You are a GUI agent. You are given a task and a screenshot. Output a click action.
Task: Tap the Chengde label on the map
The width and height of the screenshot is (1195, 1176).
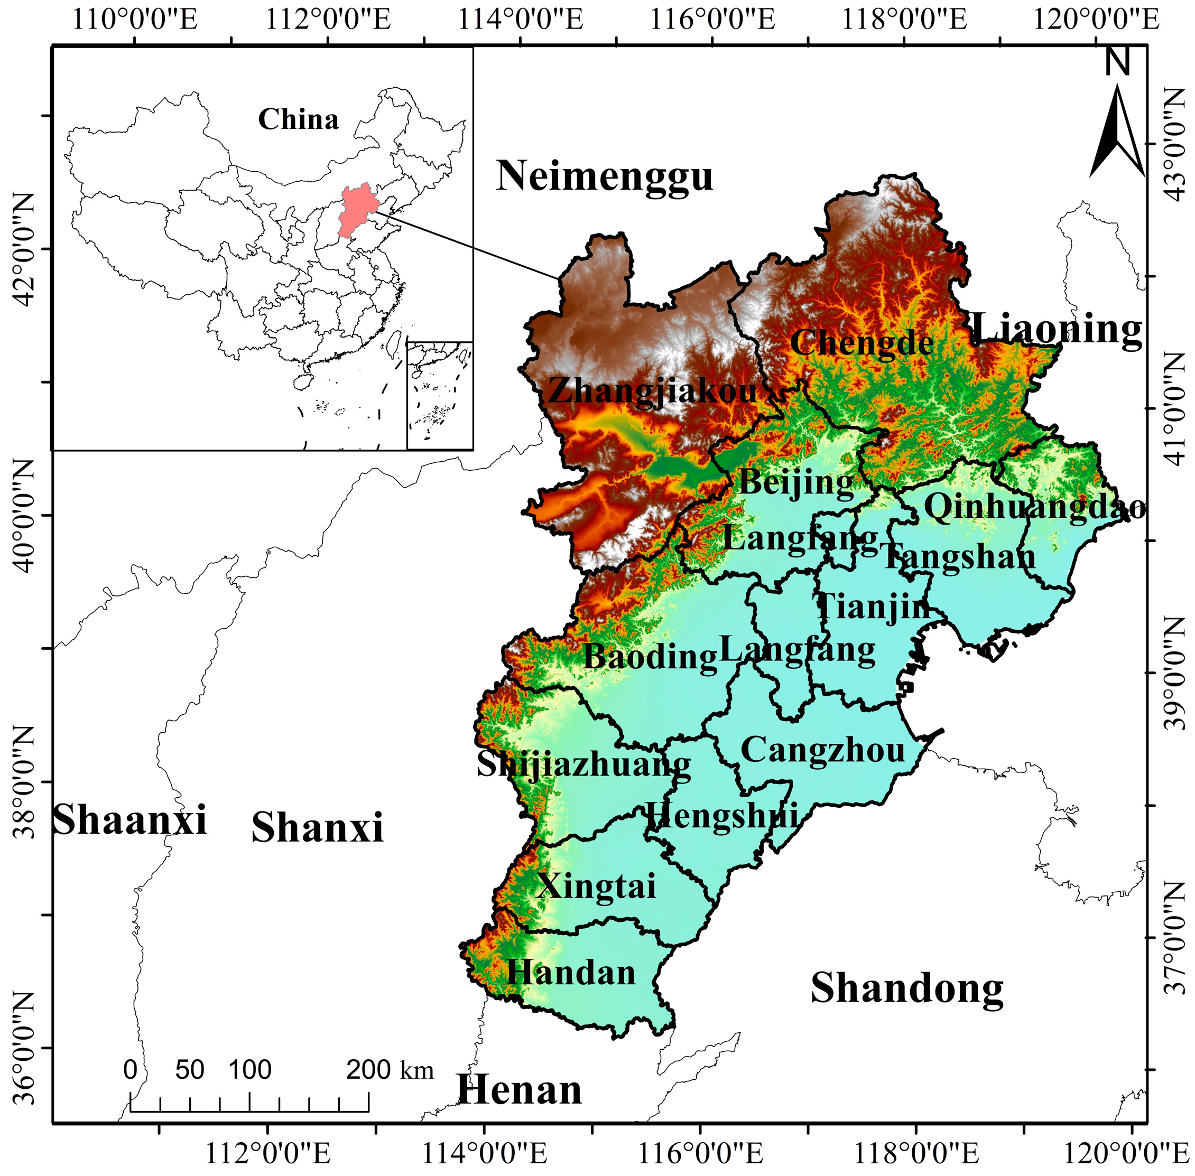tap(861, 343)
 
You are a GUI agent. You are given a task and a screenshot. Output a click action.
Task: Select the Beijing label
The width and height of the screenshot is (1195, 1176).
tap(796, 482)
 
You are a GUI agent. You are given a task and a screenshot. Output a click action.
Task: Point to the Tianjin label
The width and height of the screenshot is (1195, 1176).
tap(873, 606)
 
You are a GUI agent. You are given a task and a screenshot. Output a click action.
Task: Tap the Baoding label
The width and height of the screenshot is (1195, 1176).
tap(650, 656)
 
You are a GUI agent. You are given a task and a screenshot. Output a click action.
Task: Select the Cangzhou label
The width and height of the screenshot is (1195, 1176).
tap(822, 750)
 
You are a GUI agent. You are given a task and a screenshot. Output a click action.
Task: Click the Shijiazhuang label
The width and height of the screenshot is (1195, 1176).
tap(583, 766)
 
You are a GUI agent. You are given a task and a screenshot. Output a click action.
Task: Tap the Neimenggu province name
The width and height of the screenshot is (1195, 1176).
tap(604, 176)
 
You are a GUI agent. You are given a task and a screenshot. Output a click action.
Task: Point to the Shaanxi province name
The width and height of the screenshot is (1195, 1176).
tap(129, 820)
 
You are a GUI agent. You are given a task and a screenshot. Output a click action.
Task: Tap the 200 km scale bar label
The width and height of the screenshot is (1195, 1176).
tap(390, 1069)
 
